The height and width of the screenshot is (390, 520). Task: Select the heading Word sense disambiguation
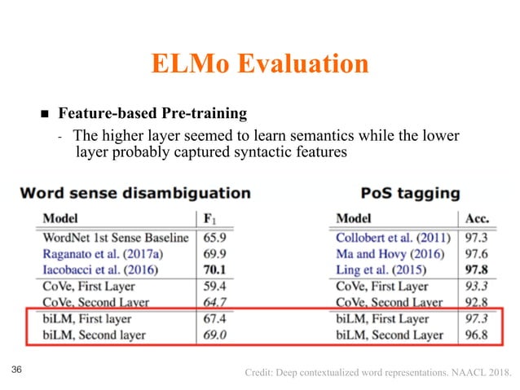click(x=134, y=194)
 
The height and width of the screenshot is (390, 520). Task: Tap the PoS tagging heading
click(x=409, y=194)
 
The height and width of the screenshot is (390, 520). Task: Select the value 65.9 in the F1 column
click(x=214, y=239)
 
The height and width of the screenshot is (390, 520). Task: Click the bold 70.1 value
click(x=214, y=270)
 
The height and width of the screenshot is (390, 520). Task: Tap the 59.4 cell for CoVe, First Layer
click(x=214, y=287)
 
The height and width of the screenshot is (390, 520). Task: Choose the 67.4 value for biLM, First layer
click(x=214, y=318)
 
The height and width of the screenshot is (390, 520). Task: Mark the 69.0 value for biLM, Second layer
click(x=214, y=335)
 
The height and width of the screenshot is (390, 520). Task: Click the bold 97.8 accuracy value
click(x=475, y=270)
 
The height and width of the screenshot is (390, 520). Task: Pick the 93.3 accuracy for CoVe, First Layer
click(x=475, y=287)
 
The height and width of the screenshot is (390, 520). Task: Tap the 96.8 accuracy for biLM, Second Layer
click(x=475, y=335)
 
